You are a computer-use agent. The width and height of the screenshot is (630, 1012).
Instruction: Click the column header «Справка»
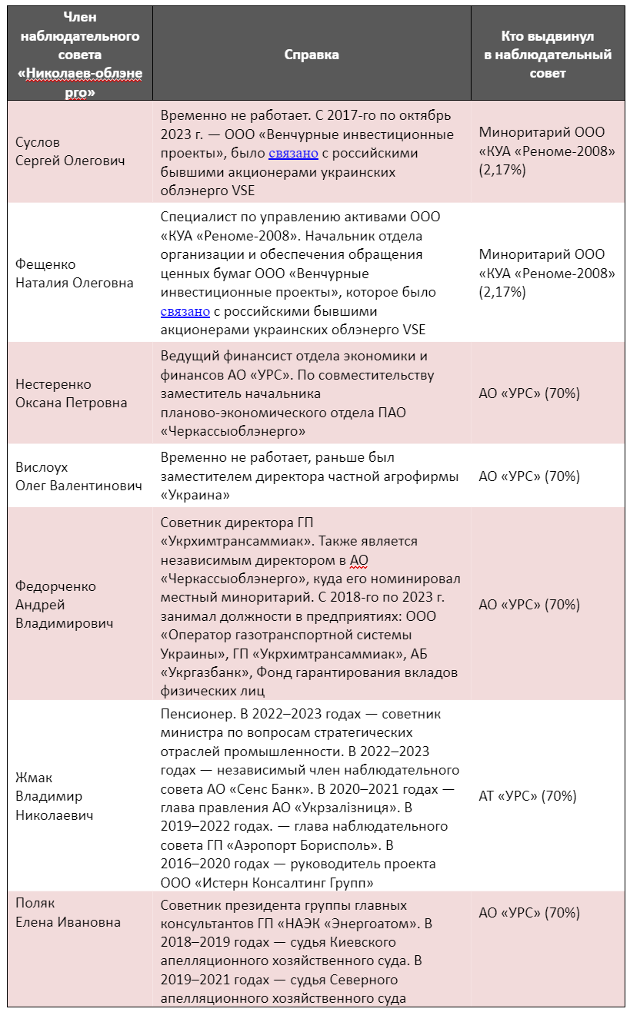[x=312, y=55]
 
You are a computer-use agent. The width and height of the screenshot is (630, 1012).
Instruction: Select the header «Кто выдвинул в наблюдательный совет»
[x=547, y=55]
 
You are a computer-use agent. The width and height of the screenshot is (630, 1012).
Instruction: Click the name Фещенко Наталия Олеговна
[x=74, y=273]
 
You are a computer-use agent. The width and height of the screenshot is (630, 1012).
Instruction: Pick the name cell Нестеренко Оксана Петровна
[x=71, y=393]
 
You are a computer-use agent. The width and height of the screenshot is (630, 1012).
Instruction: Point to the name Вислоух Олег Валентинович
[x=78, y=476]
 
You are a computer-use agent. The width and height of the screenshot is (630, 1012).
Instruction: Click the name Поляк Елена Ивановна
[x=68, y=912]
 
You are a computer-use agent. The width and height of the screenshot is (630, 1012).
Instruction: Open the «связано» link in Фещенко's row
[x=185, y=311]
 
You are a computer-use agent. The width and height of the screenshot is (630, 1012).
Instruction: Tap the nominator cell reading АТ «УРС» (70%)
[x=527, y=796]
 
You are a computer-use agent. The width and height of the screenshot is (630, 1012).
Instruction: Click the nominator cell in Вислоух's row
[x=529, y=476]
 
